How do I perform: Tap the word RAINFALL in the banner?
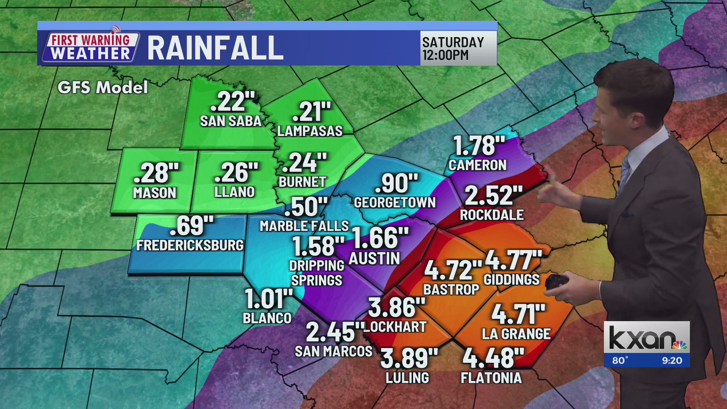pyautogui.click(x=215, y=48)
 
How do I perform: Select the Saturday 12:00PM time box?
pyautogui.click(x=458, y=48)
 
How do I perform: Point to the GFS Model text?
pyautogui.click(x=103, y=87)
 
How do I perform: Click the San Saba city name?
pyautogui.click(x=231, y=121)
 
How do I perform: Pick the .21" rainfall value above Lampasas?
pyautogui.click(x=311, y=112)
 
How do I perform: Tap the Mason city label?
pyautogui.click(x=154, y=193)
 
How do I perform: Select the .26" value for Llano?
pyautogui.click(x=236, y=173)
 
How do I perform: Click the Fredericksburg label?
pyautogui.click(x=190, y=245)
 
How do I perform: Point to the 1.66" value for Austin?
pyautogui.click(x=380, y=238)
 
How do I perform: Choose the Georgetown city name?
pyautogui.click(x=395, y=203)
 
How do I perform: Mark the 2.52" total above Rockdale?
pyautogui.click(x=493, y=196)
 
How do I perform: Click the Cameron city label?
pyautogui.click(x=477, y=165)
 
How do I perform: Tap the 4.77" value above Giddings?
pyautogui.click(x=513, y=260)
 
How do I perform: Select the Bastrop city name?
pyautogui.click(x=451, y=290)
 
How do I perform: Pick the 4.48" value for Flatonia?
pyautogui.click(x=493, y=358)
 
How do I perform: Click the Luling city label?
pyautogui.click(x=407, y=378)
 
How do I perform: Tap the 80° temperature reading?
pyautogui.click(x=620, y=361)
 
